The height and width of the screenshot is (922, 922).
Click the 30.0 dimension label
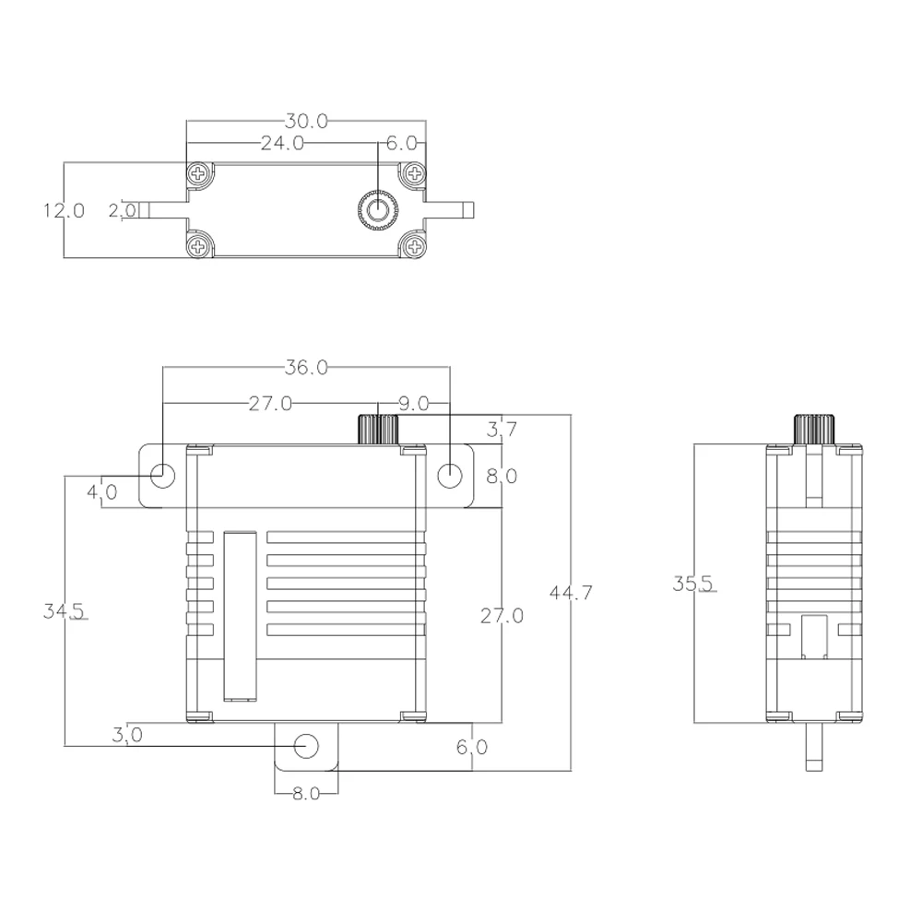[306, 121]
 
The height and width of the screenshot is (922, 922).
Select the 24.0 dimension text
[282, 143]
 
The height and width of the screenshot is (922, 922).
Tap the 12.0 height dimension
[64, 210]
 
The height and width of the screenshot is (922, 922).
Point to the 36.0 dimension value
[306, 367]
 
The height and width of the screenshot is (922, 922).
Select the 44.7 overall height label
[571, 592]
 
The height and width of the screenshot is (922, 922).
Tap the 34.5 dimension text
[64, 610]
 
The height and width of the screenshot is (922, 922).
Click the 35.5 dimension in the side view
[692, 584]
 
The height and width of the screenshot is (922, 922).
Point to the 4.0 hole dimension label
[101, 491]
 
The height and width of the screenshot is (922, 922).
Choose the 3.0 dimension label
[126, 735]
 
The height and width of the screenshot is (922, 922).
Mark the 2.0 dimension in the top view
[122, 210]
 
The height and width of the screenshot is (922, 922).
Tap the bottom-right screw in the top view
[416, 244]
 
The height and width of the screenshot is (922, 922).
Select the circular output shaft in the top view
[377, 210]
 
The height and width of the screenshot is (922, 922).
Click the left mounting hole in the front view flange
[163, 475]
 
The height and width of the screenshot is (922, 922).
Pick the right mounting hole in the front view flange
[449, 475]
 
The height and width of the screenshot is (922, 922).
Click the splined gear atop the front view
[377, 429]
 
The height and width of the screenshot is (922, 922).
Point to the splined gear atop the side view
[814, 429]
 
